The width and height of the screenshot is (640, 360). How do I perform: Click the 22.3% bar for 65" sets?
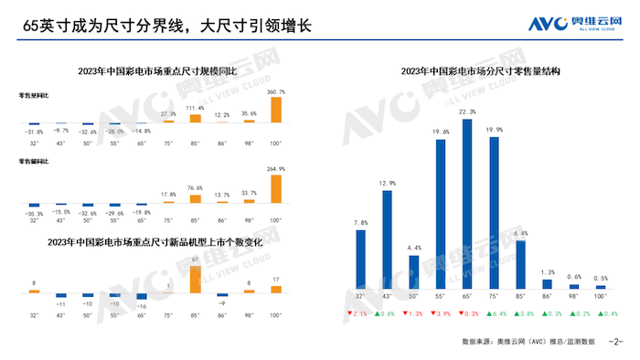click(467, 209)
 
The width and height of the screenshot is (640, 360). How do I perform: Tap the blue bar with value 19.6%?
click(441, 218)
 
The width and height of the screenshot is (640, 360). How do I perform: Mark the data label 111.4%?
click(195, 108)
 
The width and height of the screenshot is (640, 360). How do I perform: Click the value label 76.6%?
click(195, 188)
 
